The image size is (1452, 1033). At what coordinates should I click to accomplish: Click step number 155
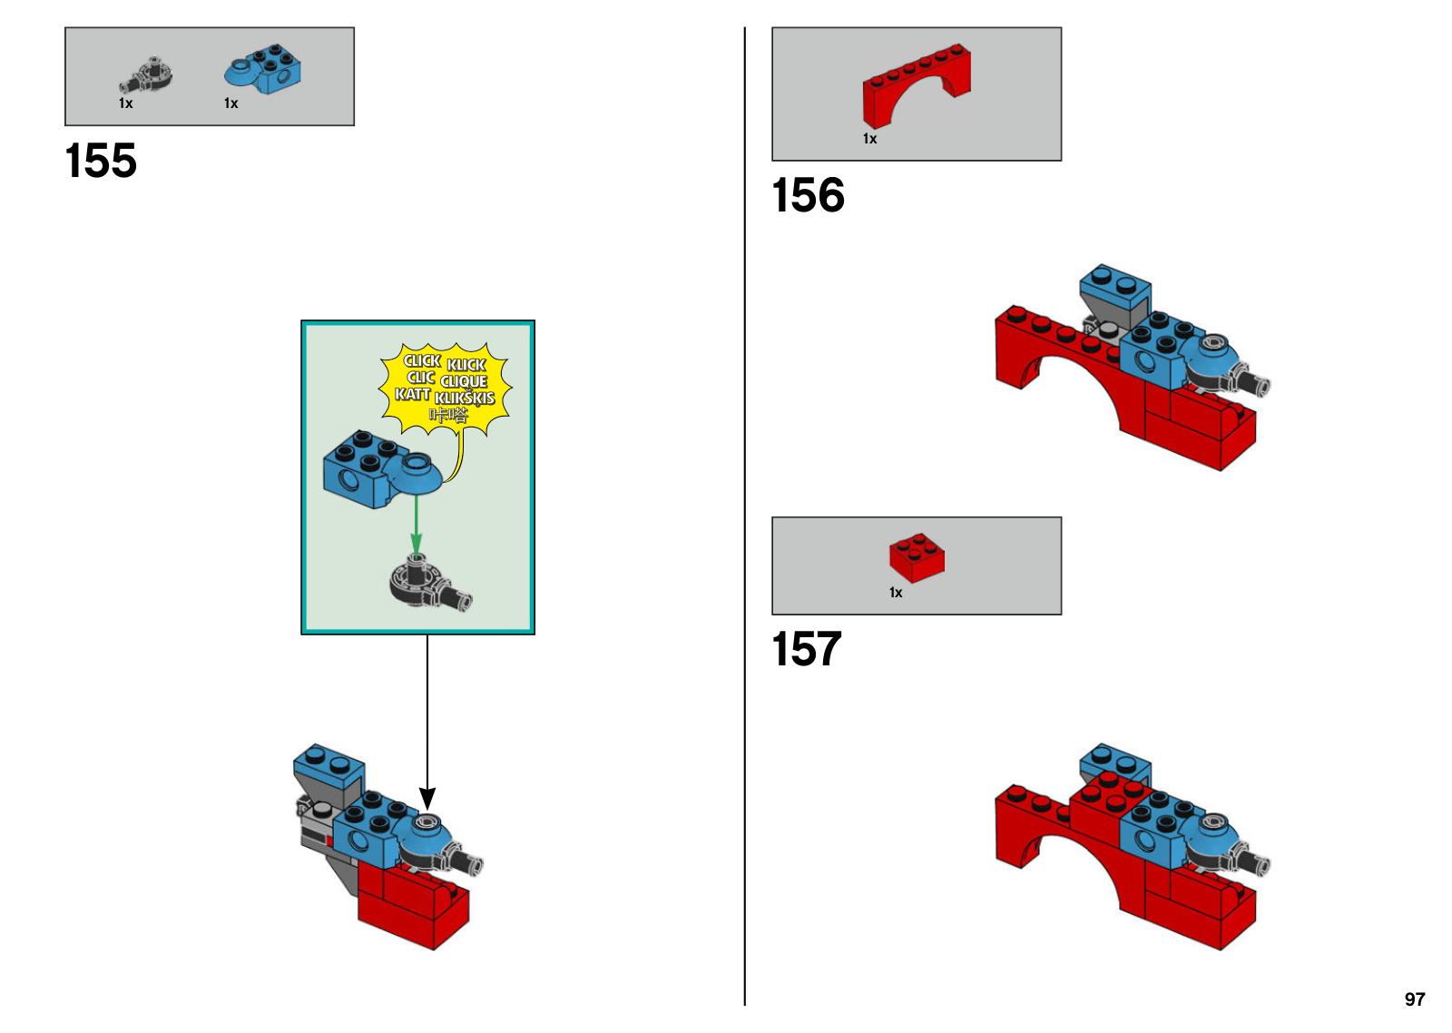pos(101,161)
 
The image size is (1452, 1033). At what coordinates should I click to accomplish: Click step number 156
pos(809,195)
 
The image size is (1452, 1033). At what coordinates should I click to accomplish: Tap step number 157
pos(807,649)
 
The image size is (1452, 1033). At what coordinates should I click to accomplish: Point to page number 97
pos(1415,999)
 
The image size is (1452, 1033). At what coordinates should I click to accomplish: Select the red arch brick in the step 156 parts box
pos(917,85)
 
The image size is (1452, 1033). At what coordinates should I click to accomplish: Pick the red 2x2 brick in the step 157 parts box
pos(917,557)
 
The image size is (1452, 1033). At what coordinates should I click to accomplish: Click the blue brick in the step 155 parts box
pos(262,69)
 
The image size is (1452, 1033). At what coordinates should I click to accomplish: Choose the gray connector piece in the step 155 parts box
pos(146,74)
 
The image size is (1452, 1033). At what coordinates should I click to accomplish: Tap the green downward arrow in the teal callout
pos(417,525)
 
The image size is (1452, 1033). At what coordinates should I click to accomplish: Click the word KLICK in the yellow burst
pos(466,365)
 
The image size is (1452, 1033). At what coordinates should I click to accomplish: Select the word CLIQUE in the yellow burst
pos(464,381)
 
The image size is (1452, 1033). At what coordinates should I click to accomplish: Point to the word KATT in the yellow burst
pos(413,394)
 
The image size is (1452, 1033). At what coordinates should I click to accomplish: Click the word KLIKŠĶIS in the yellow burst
pos(465,398)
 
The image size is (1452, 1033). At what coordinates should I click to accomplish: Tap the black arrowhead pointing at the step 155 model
pos(427,798)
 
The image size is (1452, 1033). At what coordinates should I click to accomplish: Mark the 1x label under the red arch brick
pos(870,139)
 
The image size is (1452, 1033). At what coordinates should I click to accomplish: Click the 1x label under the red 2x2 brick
pos(896,593)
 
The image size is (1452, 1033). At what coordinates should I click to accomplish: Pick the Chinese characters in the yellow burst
pos(448,415)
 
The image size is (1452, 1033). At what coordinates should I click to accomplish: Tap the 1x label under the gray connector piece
pos(126,103)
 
